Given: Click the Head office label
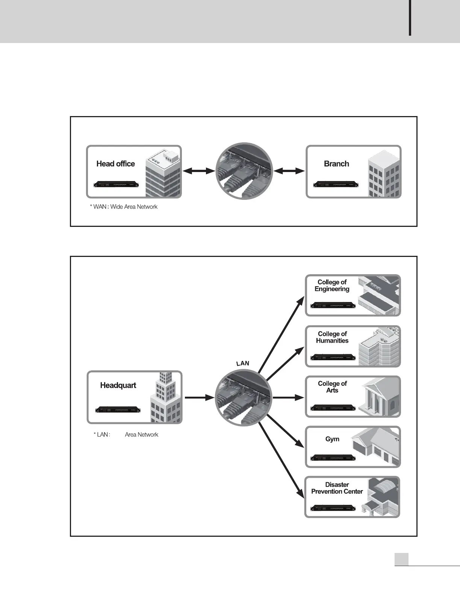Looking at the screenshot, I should tap(115, 164).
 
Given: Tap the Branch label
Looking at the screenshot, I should tap(336, 164).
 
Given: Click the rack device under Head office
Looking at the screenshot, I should tap(116, 184).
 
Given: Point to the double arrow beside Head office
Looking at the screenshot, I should tap(198, 171).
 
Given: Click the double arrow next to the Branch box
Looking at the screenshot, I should tap(289, 171).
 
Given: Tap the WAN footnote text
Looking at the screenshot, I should tap(124, 207).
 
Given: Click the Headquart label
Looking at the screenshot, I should tap(118, 385).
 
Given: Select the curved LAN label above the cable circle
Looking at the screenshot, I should tap(243, 363).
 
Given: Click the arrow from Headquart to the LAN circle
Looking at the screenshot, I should tap(199, 397).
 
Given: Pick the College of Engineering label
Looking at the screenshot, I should tap(332, 285).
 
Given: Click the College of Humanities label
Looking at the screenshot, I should tap(332, 337).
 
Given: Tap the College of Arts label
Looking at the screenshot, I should tap(332, 387).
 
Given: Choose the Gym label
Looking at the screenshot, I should tap(332, 439).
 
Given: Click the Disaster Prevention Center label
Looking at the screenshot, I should tap(337, 488).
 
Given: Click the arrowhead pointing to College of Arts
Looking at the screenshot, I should tap(300, 397).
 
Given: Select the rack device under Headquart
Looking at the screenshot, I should tap(118, 409).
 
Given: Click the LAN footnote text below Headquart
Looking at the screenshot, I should tap(126, 435).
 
